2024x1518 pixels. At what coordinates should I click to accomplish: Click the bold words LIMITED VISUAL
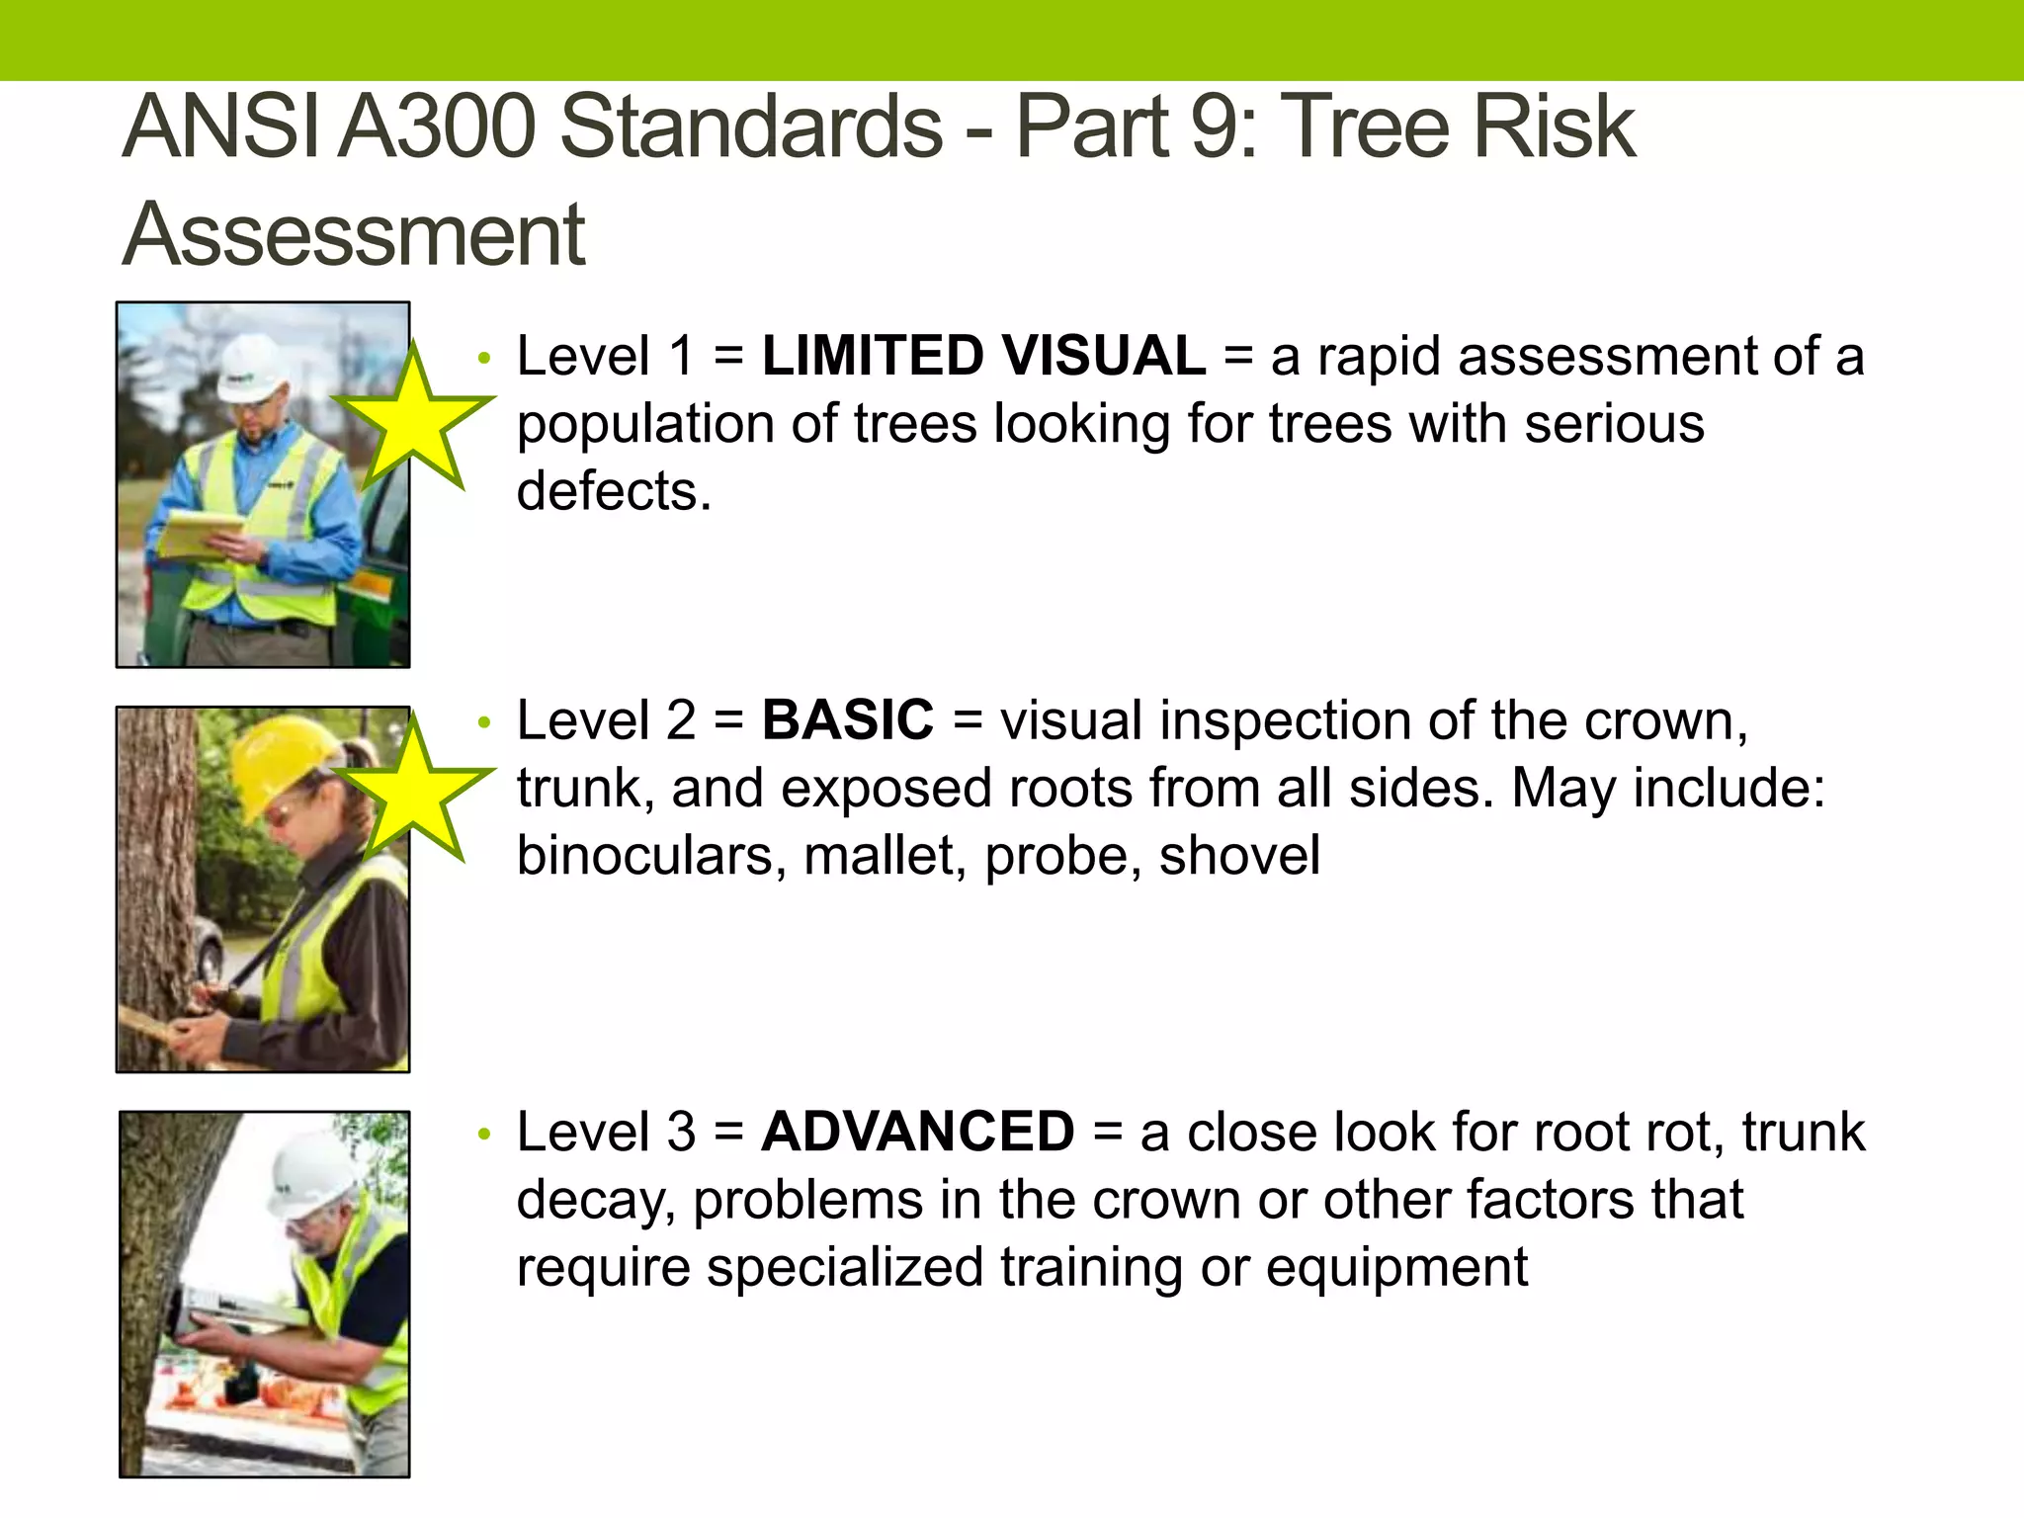[983, 357]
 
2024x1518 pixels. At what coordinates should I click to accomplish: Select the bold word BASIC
[847, 720]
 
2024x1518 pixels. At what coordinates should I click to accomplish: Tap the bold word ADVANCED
[917, 1132]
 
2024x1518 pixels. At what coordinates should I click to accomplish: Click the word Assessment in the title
[354, 235]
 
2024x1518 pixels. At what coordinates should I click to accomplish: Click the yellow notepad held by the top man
[198, 534]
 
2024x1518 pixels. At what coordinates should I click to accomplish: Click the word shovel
[1239, 856]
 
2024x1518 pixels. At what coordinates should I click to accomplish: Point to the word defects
[613, 491]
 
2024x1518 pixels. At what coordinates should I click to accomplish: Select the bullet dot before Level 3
[483, 1135]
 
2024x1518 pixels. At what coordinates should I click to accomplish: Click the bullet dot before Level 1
[483, 359]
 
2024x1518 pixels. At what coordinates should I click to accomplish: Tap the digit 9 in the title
[1219, 126]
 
